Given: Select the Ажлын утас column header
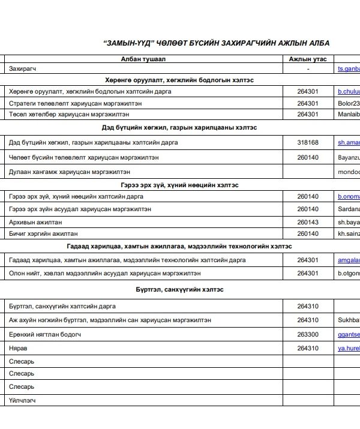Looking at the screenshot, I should [308, 59].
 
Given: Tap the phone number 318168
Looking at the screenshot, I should [308, 143].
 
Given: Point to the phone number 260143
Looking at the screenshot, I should [308, 222].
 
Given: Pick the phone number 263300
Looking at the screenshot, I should [308, 334].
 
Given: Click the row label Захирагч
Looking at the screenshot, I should [23, 69].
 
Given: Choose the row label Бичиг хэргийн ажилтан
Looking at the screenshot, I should [43, 233].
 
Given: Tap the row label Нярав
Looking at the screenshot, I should [19, 348].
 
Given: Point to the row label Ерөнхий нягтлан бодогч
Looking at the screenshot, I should [45, 334].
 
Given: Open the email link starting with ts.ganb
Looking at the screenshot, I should [349, 69].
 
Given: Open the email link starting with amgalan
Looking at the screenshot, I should [349, 260].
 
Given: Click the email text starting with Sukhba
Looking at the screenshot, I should [349, 320].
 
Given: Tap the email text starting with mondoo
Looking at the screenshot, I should [349, 172].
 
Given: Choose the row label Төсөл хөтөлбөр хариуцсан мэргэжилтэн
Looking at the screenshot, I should [68, 114].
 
